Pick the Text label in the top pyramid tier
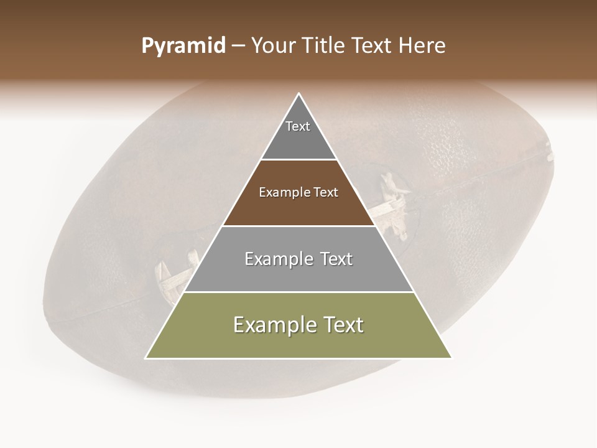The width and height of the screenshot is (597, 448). click(298, 126)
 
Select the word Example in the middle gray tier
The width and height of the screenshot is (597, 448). click(277, 259)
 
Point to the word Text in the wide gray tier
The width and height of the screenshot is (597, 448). click(336, 259)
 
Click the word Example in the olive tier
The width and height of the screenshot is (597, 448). click(274, 325)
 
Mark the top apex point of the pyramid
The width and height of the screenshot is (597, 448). click(298, 93)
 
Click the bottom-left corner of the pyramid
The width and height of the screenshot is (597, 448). click(146, 358)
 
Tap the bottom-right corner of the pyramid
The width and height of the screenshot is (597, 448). click(451, 358)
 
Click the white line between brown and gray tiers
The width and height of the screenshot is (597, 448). click(298, 226)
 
